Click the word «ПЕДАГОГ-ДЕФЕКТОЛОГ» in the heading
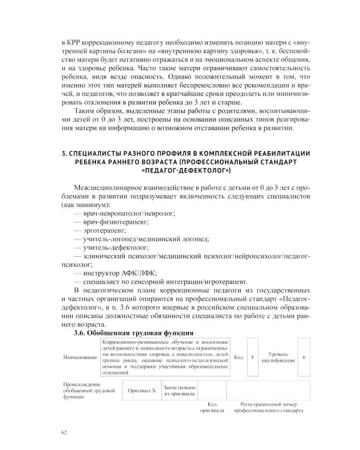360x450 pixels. [x=180, y=170]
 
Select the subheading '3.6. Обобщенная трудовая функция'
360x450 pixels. [x=133, y=332]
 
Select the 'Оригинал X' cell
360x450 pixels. [x=142, y=390]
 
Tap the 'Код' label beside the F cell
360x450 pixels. [x=238, y=358]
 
